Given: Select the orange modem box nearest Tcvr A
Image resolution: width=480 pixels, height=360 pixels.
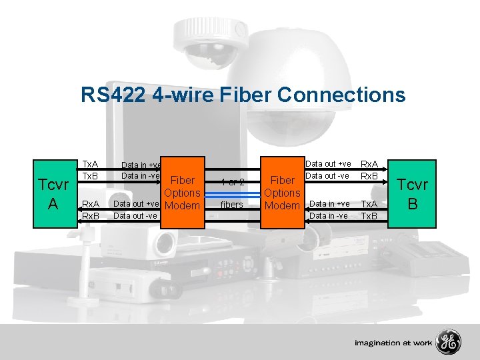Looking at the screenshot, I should [x=182, y=193].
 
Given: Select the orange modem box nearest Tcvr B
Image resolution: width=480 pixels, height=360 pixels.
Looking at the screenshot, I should [x=282, y=193].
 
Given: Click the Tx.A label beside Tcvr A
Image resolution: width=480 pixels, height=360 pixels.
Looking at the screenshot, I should [x=90, y=164].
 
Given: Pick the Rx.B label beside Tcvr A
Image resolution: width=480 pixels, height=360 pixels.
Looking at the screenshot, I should [x=90, y=216].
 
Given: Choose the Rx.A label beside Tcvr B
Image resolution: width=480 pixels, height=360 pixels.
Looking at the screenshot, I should [x=369, y=164].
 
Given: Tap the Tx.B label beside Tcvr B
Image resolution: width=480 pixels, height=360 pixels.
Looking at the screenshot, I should [x=369, y=216].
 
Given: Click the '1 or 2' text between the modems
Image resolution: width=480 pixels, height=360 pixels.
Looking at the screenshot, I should [x=233, y=182].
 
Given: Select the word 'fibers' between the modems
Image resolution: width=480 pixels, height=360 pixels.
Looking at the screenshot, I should [x=232, y=205].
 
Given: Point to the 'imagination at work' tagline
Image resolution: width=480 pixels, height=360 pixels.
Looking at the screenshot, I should [x=394, y=343].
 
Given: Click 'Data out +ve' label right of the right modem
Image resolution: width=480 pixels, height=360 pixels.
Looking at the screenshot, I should [x=328, y=164].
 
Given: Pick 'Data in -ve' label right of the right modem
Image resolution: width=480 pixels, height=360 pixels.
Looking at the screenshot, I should [x=329, y=215].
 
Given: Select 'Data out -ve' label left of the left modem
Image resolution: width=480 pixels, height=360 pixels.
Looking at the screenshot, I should [x=135, y=215].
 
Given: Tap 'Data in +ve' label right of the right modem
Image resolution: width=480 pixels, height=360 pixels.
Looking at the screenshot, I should [x=329, y=204].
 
